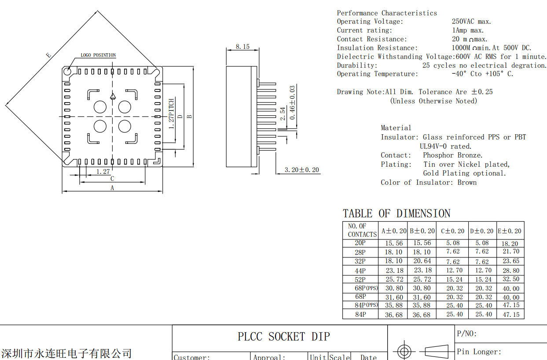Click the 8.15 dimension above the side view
point(242,46)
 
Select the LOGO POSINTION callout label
point(98,55)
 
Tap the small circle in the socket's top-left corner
point(68,71)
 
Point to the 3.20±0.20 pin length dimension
point(301,170)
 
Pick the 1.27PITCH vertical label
point(172,114)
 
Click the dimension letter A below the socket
point(112,188)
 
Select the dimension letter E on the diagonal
point(48,55)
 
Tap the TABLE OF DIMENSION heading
point(396,214)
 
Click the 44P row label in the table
point(360,271)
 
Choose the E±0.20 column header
point(510,231)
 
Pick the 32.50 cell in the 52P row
point(510,279)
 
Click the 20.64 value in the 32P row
point(422,261)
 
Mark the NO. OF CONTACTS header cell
point(362,230)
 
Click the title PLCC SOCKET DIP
point(284,337)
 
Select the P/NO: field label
point(467,334)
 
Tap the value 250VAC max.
point(471,22)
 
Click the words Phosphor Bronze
point(452,155)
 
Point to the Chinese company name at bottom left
point(66,353)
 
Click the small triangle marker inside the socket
point(113,96)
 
